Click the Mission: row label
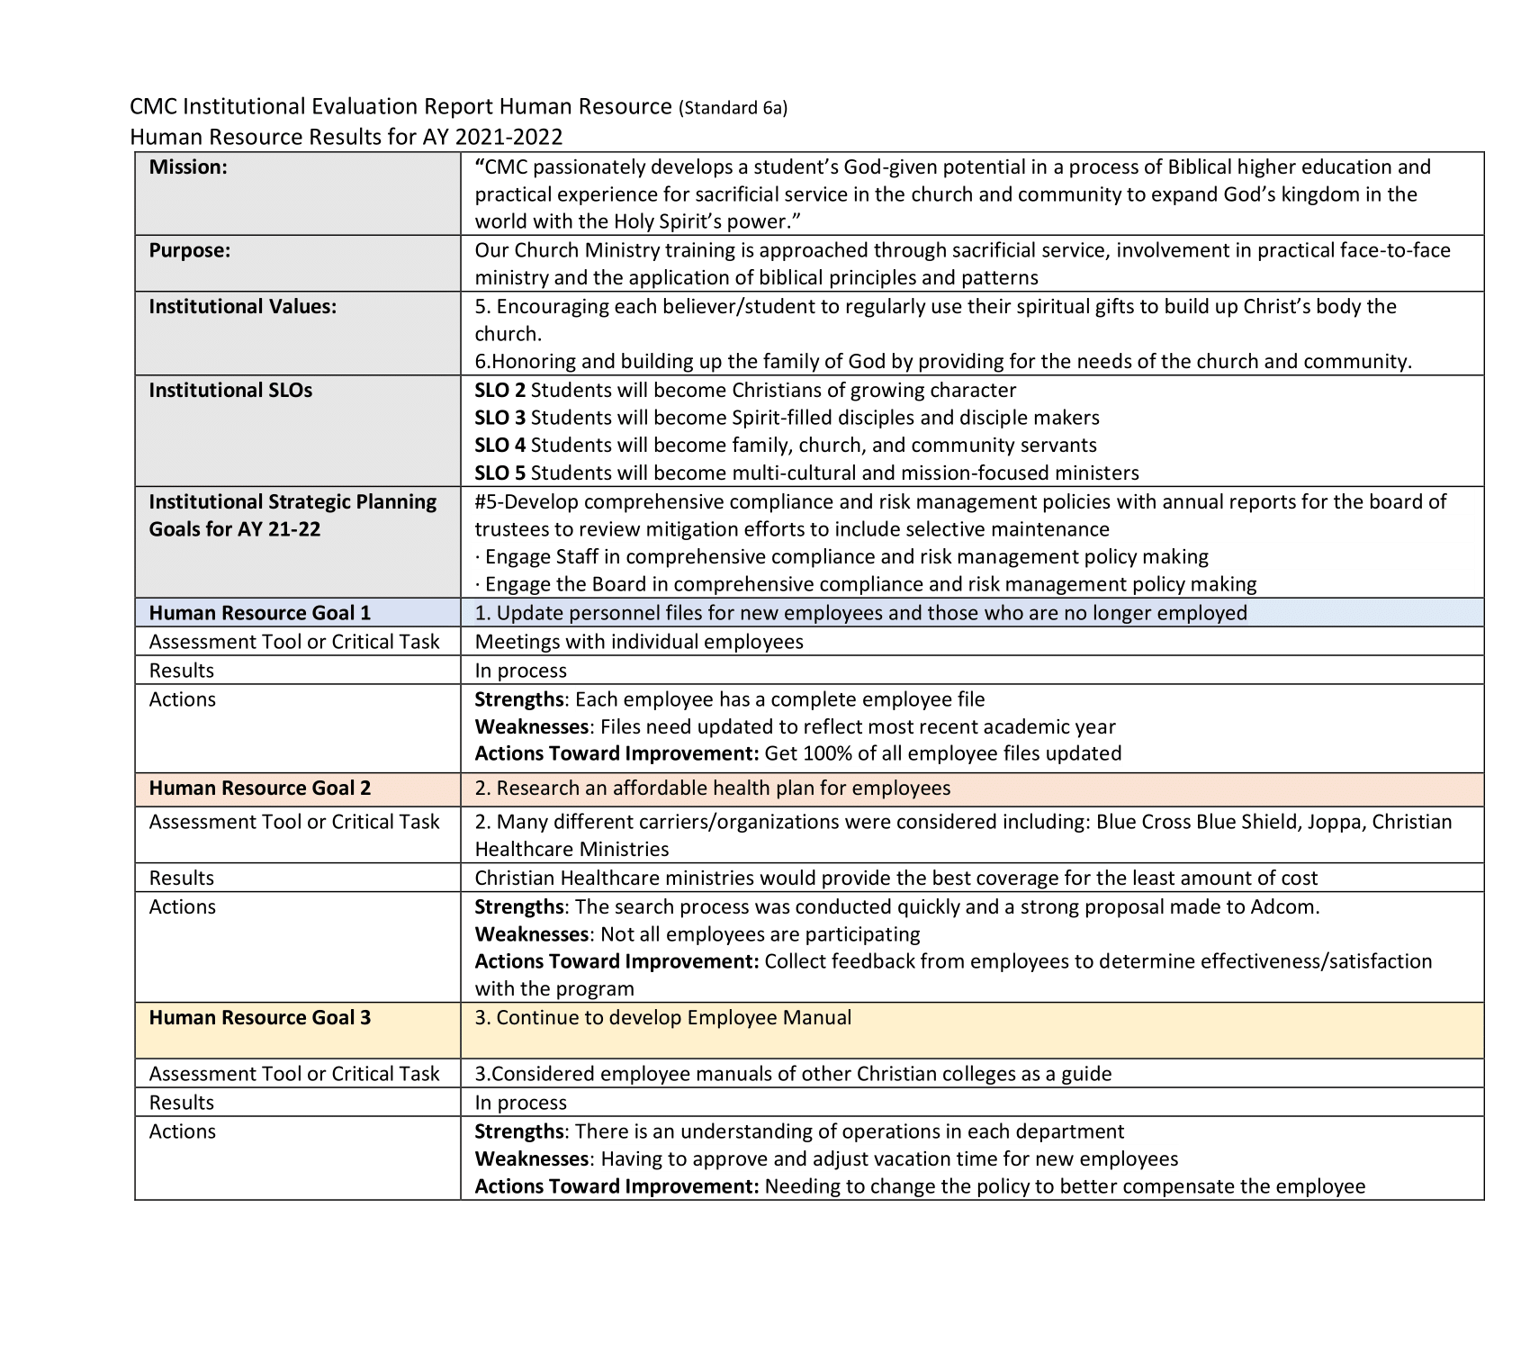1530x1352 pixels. point(188,167)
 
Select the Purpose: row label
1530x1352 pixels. point(190,250)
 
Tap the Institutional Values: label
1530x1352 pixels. point(243,306)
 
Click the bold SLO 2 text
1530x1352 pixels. point(499,391)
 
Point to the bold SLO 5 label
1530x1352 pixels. point(499,473)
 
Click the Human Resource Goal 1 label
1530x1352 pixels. point(259,613)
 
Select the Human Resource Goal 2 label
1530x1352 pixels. point(259,789)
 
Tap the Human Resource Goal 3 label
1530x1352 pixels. point(259,1018)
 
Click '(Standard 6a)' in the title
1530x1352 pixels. point(733,109)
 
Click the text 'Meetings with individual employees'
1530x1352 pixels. point(639,642)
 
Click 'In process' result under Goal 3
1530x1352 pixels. point(521,1103)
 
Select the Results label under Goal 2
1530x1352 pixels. point(182,879)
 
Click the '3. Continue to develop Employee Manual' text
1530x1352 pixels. point(663,1018)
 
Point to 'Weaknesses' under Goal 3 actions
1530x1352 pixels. point(531,1159)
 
